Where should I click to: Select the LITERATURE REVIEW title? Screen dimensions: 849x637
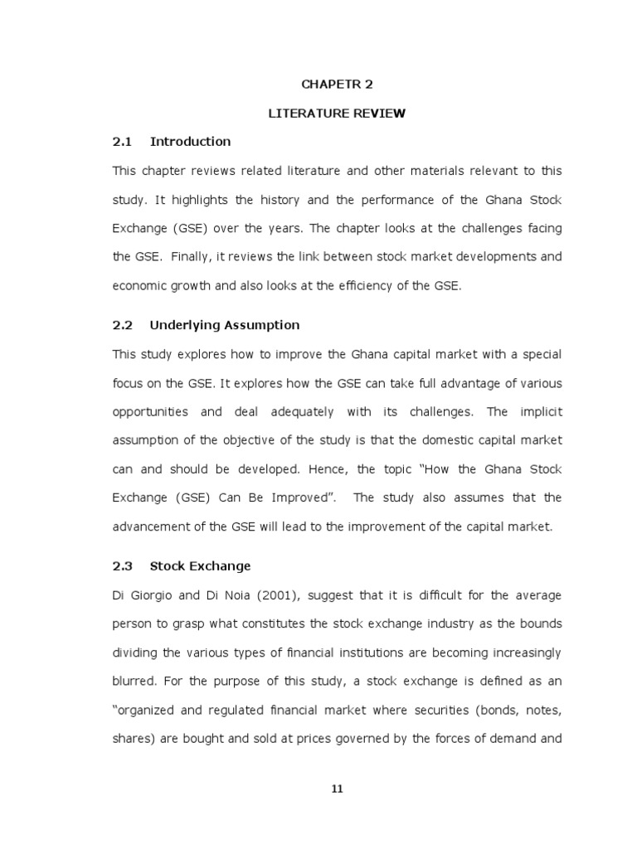tap(337, 113)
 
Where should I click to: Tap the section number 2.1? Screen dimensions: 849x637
tap(122, 142)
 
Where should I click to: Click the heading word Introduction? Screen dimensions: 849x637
tap(190, 142)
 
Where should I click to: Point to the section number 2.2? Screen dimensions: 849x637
tap(122, 325)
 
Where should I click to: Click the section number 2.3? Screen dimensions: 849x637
tap(122, 566)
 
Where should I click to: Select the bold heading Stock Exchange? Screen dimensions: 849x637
tap(200, 566)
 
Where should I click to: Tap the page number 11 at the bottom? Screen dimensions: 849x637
tap(337, 789)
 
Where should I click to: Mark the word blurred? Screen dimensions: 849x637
tap(134, 682)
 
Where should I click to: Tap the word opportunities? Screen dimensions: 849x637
tap(149, 412)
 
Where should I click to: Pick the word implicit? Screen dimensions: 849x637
tap(541, 412)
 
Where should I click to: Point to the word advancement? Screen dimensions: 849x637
tap(149, 526)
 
